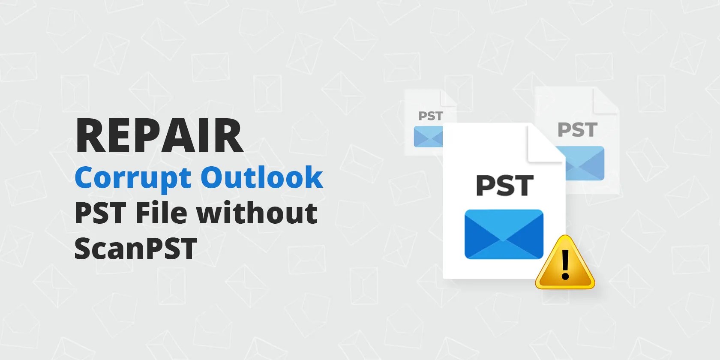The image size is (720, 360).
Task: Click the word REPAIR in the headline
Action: [159, 135]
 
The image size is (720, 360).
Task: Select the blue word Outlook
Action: [261, 177]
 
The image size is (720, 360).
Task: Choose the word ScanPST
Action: [135, 248]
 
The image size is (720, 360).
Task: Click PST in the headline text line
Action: [100, 213]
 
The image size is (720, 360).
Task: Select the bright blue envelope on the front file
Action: [504, 234]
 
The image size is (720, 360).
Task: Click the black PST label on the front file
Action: [505, 186]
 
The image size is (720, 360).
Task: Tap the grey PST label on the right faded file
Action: [577, 129]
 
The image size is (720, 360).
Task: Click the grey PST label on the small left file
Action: [430, 116]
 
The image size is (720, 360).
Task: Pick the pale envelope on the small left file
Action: [428, 137]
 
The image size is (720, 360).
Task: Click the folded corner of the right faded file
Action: [606, 100]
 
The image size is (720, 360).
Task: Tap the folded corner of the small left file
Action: [448, 98]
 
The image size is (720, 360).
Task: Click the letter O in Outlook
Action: [213, 177]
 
